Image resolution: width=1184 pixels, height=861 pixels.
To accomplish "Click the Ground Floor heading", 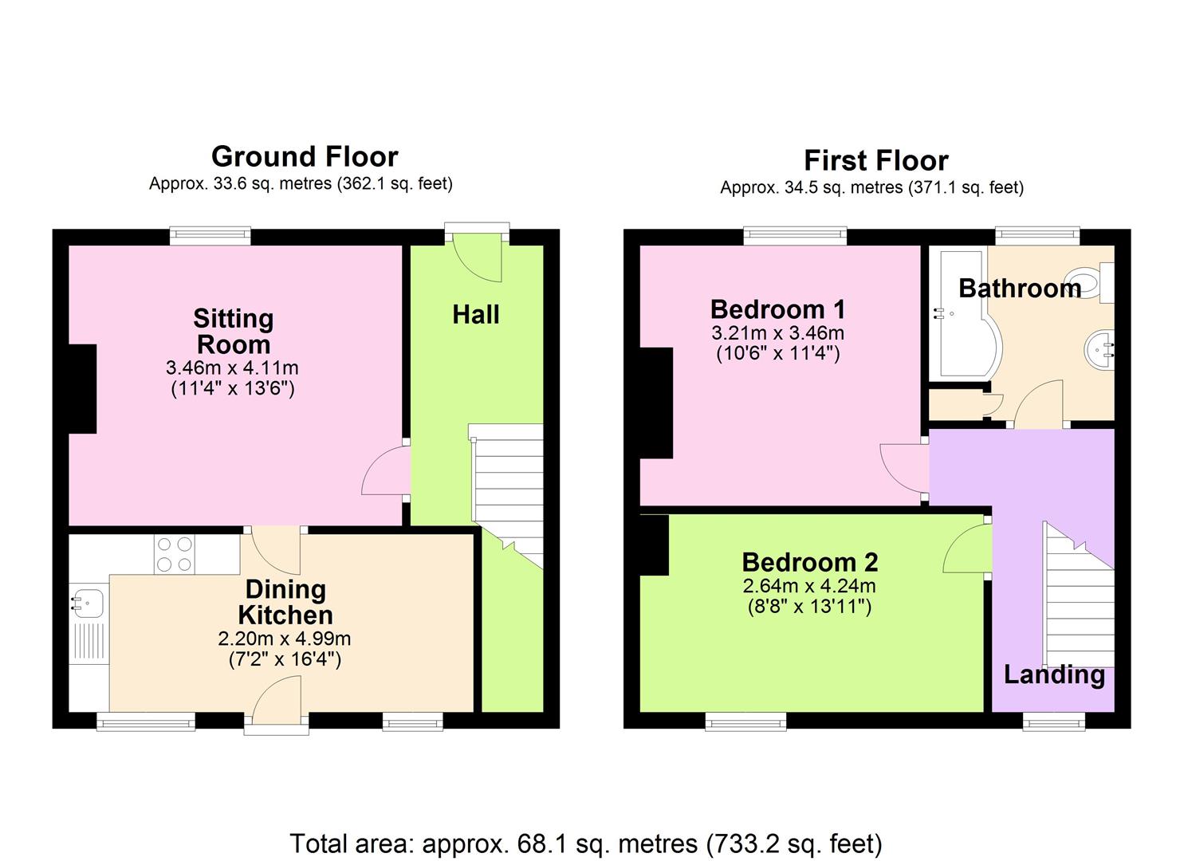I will (305, 156).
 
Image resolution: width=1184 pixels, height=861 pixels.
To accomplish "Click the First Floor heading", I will (875, 160).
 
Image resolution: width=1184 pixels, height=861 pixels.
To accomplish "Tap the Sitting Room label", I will (234, 332).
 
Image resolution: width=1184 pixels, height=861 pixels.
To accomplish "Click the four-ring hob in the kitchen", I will (175, 554).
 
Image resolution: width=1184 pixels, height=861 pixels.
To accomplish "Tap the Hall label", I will (476, 315).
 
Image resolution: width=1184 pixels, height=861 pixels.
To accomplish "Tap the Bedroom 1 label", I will (777, 309).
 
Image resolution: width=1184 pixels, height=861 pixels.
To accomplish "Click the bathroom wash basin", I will (1099, 349).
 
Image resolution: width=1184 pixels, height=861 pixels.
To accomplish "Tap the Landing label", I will (1054, 675).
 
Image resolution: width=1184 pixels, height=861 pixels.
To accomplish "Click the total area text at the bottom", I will (586, 843).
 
